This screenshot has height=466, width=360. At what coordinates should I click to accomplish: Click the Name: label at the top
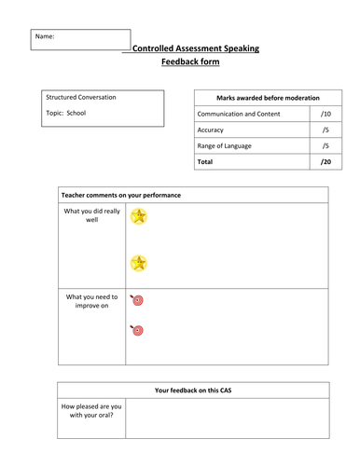45,36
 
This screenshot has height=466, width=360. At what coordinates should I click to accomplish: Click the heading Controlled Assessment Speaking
195,48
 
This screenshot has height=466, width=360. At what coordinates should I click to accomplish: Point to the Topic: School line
67,112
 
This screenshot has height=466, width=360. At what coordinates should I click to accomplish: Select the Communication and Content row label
242,113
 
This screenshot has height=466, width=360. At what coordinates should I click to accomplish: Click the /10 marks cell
325,113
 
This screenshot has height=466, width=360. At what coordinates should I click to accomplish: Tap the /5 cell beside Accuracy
325,130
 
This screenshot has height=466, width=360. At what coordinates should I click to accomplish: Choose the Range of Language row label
229,146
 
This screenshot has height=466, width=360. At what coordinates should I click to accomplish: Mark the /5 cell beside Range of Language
325,146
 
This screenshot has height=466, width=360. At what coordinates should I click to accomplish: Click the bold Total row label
206,162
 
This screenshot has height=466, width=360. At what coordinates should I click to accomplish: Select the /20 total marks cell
325,162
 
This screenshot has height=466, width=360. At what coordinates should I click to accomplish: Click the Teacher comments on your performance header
120,195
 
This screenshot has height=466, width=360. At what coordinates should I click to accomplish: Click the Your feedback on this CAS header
194,390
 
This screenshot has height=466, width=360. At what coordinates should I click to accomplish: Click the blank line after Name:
93,45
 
